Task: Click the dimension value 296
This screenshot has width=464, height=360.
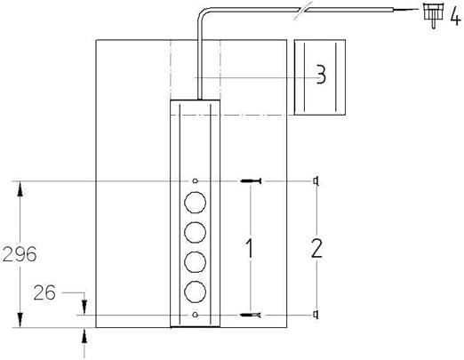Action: [20, 254]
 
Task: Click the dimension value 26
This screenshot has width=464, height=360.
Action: [44, 292]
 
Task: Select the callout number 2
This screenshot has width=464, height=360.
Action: [316, 248]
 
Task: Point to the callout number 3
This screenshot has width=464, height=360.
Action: [321, 75]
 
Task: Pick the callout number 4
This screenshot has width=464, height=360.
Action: [456, 17]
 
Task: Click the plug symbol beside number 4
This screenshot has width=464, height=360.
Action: [433, 15]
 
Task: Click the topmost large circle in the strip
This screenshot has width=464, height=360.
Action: [195, 203]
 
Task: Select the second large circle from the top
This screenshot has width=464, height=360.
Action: [195, 232]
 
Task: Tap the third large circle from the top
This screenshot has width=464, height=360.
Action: [195, 262]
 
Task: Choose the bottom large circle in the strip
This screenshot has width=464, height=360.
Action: [195, 292]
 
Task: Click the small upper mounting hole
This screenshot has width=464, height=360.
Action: [195, 180]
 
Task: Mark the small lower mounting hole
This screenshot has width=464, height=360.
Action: [195, 315]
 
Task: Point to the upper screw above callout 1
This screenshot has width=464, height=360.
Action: [251, 180]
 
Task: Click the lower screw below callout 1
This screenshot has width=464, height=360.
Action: [251, 315]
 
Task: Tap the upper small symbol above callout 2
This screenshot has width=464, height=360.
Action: [316, 180]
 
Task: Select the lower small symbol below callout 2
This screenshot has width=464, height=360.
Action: [316, 315]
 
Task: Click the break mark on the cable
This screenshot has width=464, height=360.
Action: [303, 11]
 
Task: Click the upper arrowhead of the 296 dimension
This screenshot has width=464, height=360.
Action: [20, 188]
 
